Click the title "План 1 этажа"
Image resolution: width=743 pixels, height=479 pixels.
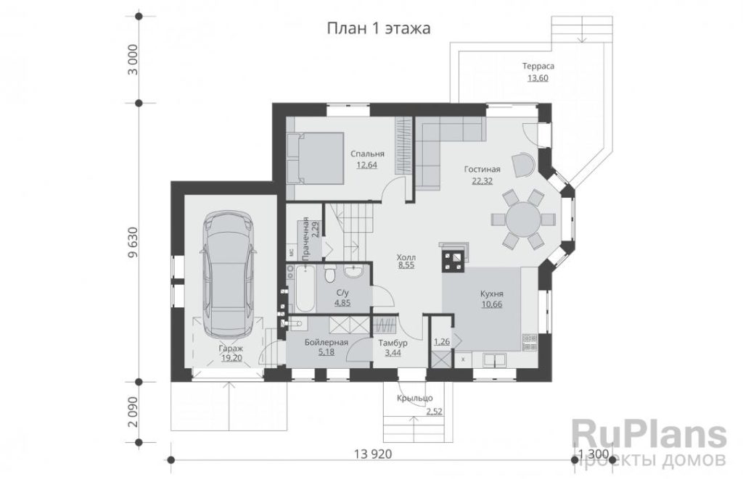(x=379, y=28)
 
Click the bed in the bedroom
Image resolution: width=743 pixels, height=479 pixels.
(x=315, y=158)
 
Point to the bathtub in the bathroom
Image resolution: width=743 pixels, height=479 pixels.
(x=305, y=288)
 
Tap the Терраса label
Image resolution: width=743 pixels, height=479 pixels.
(x=538, y=66)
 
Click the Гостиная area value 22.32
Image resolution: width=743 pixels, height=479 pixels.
(x=483, y=180)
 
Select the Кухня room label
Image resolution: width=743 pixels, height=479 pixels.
(x=492, y=294)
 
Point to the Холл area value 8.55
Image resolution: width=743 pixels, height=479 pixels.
(x=406, y=265)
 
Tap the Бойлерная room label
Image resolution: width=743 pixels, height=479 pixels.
(x=327, y=342)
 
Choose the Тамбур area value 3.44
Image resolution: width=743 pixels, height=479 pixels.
(x=393, y=352)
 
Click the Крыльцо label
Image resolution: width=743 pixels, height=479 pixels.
(x=414, y=398)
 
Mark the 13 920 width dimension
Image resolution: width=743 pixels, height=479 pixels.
(x=373, y=454)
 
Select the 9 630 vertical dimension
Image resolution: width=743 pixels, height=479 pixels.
(x=134, y=242)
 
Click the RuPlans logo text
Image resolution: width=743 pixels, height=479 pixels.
(x=649, y=435)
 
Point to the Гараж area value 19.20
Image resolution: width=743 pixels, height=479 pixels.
(x=231, y=358)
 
